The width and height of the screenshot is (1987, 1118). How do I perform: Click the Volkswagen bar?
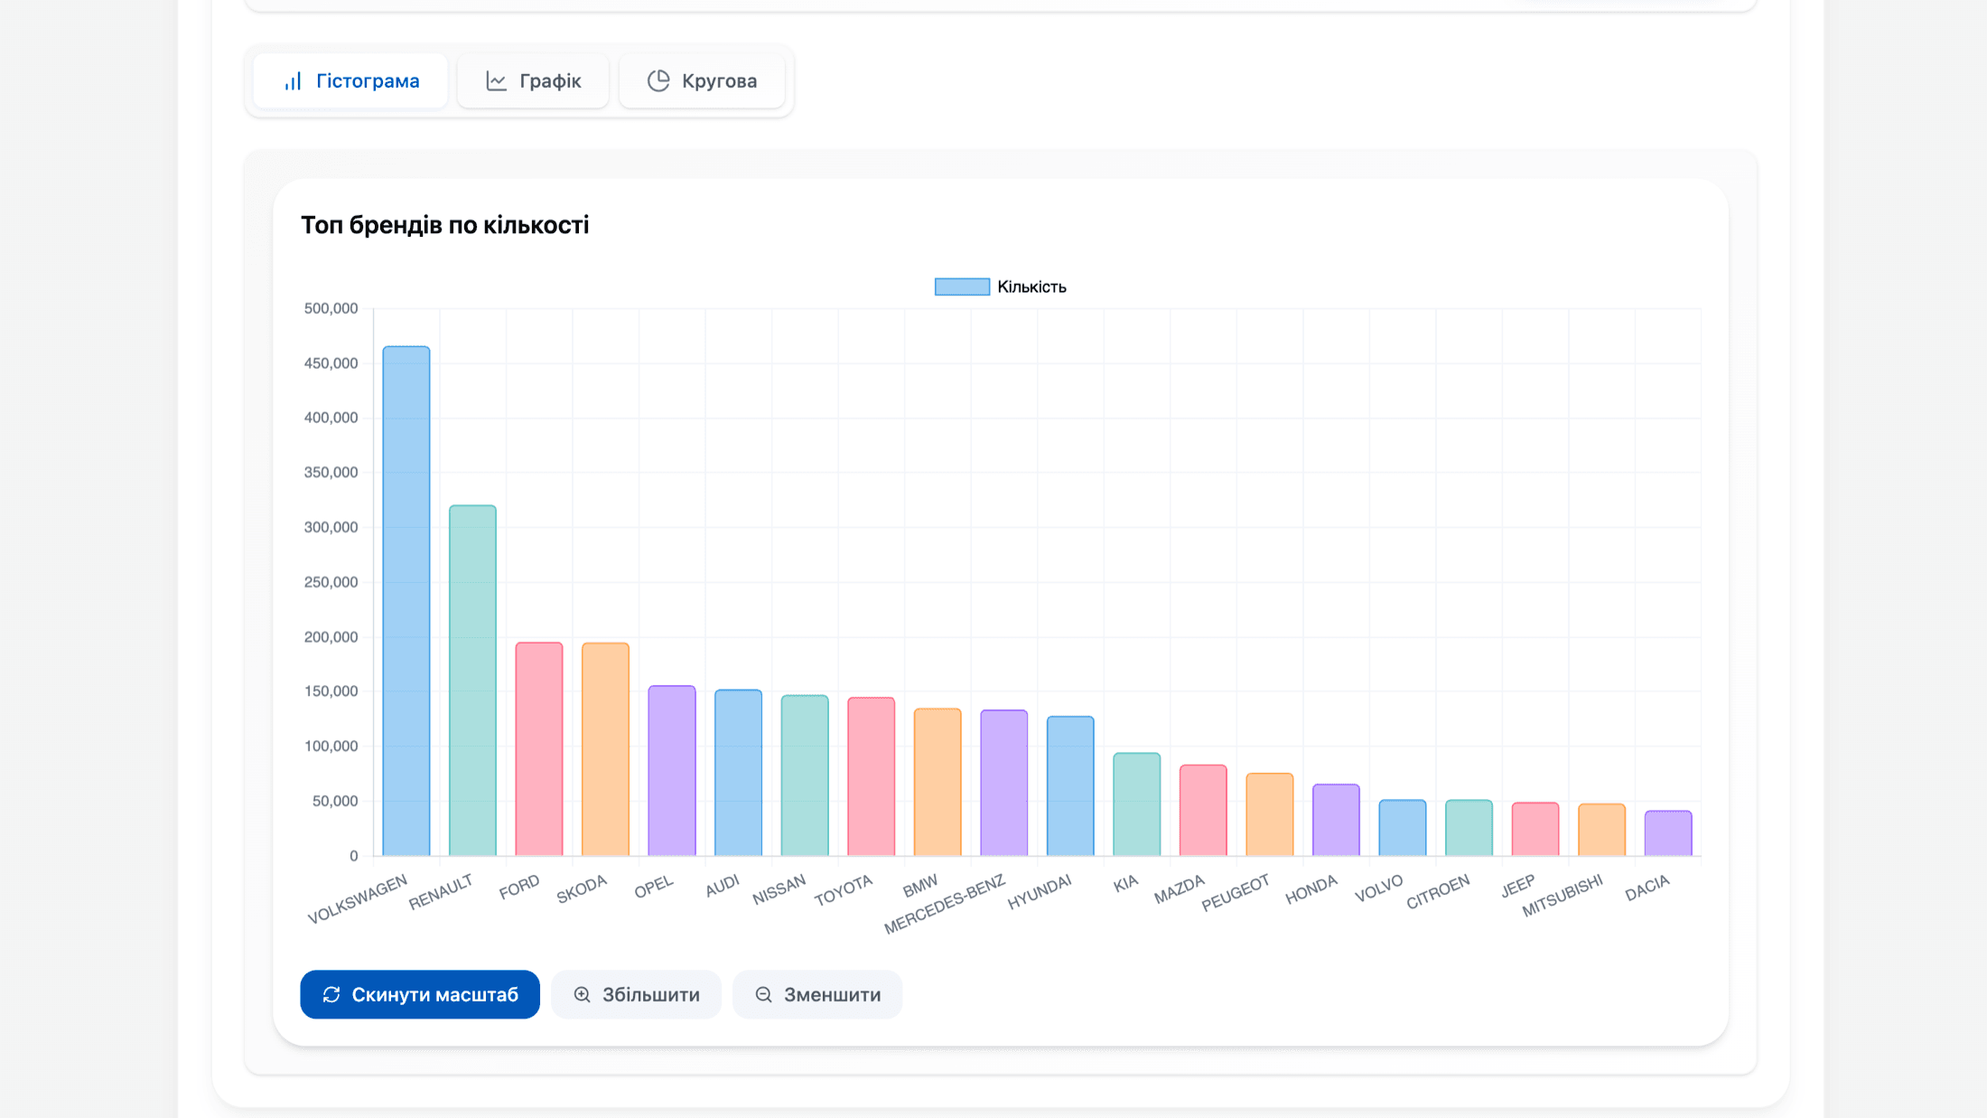(x=406, y=601)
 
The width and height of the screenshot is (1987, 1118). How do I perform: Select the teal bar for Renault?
(x=472, y=681)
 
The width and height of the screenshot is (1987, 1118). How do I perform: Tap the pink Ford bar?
(x=539, y=749)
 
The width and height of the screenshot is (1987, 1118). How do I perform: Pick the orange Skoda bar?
(x=605, y=749)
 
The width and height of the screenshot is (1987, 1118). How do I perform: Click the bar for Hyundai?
(x=1070, y=786)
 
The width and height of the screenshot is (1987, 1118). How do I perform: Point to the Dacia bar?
(x=1668, y=833)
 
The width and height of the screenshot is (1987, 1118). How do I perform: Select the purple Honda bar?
(x=1336, y=820)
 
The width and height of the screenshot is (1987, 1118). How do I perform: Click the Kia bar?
(x=1136, y=804)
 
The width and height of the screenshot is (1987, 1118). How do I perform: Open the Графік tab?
(x=533, y=81)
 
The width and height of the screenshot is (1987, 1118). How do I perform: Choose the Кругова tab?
(x=702, y=81)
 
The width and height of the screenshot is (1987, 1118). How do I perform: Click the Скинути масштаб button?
(x=420, y=994)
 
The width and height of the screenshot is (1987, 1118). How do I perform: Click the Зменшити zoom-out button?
(x=817, y=994)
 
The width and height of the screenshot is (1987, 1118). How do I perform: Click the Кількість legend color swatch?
(x=962, y=287)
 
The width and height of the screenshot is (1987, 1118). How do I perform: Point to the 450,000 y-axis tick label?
(x=331, y=363)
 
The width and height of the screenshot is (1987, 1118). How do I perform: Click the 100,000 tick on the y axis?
(x=331, y=747)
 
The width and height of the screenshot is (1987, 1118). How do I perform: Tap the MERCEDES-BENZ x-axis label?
(x=945, y=904)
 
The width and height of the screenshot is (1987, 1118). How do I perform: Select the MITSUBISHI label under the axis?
(x=1563, y=896)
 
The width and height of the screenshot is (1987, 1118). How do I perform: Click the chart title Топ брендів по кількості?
(x=444, y=225)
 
